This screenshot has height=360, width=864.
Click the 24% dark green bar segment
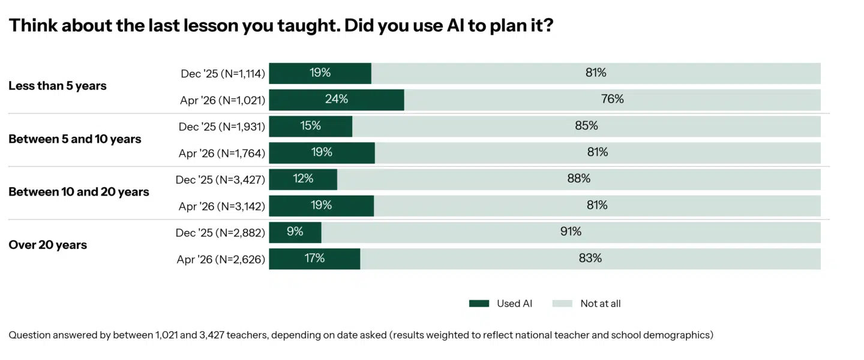point(336,100)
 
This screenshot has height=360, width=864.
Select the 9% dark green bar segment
point(295,232)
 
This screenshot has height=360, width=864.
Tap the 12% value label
point(303,179)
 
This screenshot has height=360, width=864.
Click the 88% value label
point(579,179)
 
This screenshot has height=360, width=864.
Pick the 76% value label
point(612,100)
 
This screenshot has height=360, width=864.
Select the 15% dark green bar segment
point(310,126)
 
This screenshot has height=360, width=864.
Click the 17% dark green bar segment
point(314,259)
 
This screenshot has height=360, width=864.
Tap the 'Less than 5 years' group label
point(58,86)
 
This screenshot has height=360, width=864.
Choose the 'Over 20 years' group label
point(48,245)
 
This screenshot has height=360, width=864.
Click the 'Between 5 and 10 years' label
point(75,139)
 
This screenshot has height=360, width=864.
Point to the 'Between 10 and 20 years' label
point(79,192)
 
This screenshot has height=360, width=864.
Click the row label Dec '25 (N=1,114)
point(223,74)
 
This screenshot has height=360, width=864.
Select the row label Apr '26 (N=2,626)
point(221,260)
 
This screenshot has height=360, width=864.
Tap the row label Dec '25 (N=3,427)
point(220,180)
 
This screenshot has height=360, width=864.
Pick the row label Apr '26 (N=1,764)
point(221,154)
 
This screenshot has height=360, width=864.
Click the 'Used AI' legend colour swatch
point(479,304)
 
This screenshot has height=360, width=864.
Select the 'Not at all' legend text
point(600,304)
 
